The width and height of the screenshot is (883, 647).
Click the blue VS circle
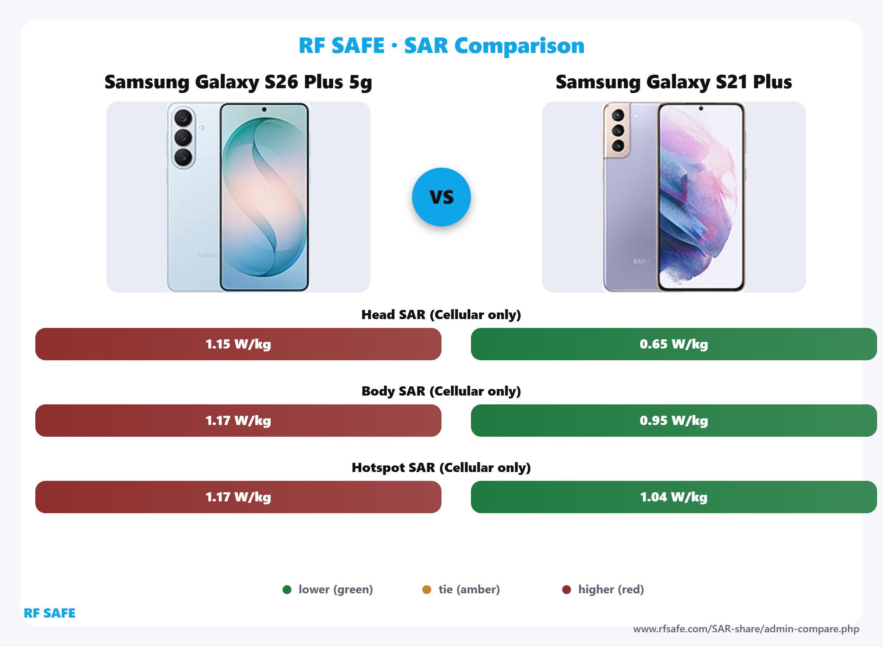point(441,197)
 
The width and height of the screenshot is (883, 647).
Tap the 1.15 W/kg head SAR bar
point(238,344)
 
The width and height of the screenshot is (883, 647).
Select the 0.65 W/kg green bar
point(673,344)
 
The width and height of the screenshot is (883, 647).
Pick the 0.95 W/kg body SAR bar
point(673,420)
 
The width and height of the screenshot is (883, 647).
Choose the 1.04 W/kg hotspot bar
point(673,497)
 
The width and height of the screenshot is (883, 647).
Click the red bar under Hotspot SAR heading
point(238,497)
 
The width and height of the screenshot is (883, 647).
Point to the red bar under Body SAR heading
point(238,420)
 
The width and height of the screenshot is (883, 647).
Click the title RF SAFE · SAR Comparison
point(441,46)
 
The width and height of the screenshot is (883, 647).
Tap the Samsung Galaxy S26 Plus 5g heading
point(238,82)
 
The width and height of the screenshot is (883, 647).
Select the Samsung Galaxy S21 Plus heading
point(673,82)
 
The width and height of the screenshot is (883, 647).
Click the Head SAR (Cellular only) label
point(441,314)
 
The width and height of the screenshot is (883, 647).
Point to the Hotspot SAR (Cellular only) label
point(441,468)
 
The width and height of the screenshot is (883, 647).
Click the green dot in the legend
point(287,589)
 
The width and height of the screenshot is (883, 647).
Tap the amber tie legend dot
point(427,589)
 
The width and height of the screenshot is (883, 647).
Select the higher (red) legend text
point(611,589)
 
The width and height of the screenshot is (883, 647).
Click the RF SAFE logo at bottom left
point(49,613)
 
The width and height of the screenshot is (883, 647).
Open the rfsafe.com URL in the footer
point(746,629)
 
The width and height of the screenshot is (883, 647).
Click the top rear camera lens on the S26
point(183,118)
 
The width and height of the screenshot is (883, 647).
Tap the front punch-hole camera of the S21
point(701,108)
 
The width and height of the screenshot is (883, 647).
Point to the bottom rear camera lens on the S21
point(618,146)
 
